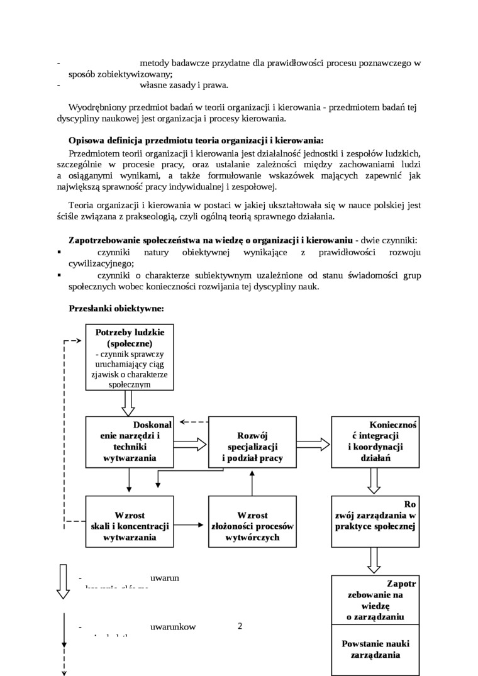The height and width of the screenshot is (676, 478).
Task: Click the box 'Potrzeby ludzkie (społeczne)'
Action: pos(130,357)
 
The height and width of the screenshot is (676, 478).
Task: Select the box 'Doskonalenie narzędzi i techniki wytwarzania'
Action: pos(130,441)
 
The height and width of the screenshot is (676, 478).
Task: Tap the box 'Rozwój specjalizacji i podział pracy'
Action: pos(252,441)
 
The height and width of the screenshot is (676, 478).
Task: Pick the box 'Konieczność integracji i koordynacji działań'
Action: pos(375,441)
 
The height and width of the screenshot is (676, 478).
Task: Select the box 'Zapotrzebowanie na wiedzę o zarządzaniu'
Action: pos(375,601)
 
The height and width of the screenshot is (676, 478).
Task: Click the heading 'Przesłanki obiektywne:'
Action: pos(116,309)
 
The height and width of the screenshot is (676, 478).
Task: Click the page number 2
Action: pos(240,626)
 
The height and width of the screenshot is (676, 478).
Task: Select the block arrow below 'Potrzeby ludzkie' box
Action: pos(130,402)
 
